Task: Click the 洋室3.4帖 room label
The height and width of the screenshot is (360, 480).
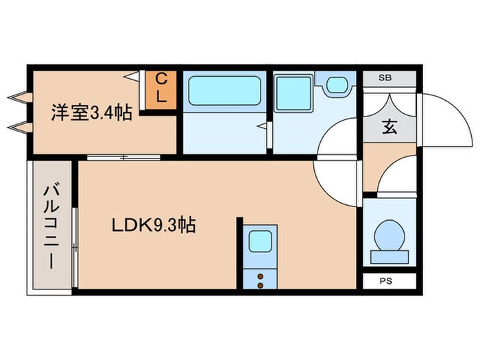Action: point(91,112)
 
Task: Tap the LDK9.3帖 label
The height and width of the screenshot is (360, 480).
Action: point(154,225)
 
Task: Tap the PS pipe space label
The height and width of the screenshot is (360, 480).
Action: point(389,280)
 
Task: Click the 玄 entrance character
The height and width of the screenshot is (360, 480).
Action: point(389,126)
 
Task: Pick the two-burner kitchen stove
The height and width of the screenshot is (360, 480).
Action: point(261,278)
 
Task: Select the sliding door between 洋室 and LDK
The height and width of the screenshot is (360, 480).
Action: point(123,158)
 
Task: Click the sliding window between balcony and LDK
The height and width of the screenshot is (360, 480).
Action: point(75,226)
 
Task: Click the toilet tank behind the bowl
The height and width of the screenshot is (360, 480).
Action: point(389,258)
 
